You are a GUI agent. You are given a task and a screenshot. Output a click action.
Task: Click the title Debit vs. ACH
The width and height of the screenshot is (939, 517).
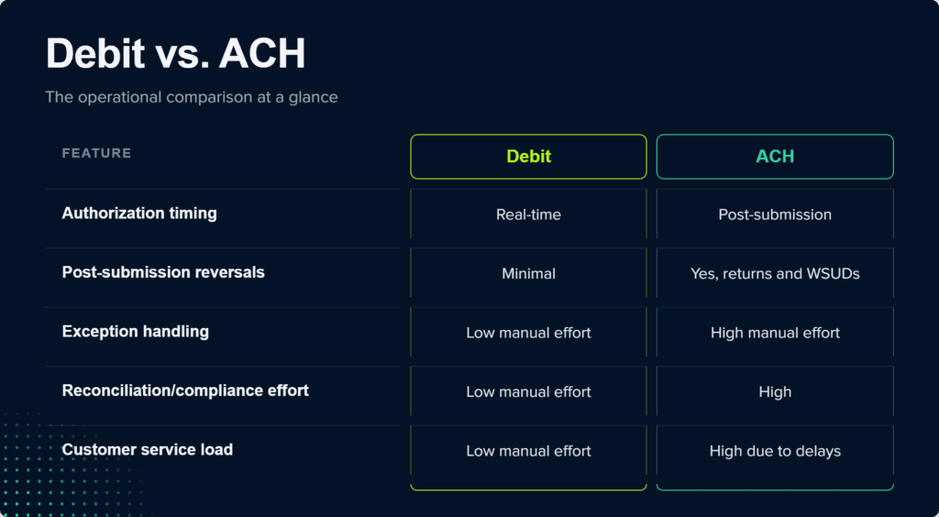pyautogui.click(x=175, y=54)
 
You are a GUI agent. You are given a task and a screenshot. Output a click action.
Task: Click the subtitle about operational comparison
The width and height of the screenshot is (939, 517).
pyautogui.click(x=192, y=97)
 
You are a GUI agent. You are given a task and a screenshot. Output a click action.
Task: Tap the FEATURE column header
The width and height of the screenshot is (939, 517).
pyautogui.click(x=96, y=153)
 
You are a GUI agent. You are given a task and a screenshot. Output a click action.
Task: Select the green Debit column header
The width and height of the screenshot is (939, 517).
pyautogui.click(x=528, y=157)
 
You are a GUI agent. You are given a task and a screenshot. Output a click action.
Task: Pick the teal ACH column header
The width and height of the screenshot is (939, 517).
pyautogui.click(x=775, y=157)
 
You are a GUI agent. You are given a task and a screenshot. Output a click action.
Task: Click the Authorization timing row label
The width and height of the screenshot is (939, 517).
pyautogui.click(x=139, y=214)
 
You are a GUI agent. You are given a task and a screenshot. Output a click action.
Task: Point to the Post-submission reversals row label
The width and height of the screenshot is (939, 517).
pyautogui.click(x=163, y=273)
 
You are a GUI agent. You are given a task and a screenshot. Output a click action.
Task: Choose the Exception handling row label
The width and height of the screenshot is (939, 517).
pyautogui.click(x=136, y=332)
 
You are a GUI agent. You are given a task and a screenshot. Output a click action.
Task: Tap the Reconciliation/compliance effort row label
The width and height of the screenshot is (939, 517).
pyautogui.click(x=185, y=390)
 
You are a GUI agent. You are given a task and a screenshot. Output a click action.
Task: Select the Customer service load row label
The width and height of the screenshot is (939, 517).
pyautogui.click(x=148, y=450)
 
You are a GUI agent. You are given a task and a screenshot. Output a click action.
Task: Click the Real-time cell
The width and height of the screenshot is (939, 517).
pyautogui.click(x=528, y=214)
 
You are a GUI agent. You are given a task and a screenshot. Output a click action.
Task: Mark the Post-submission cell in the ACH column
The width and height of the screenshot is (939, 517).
pyautogui.click(x=775, y=214)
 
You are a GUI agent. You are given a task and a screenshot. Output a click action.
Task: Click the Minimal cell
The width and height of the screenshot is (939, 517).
pyautogui.click(x=528, y=274)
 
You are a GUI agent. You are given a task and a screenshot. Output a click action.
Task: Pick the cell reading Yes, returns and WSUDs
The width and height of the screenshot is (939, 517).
pyautogui.click(x=775, y=274)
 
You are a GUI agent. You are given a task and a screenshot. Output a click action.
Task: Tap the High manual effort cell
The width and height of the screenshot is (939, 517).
pyautogui.click(x=775, y=333)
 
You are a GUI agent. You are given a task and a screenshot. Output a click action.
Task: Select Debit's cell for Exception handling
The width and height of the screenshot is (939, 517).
pyautogui.click(x=528, y=333)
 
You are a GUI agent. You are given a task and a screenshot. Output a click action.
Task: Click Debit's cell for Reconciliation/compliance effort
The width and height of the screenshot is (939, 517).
pyautogui.click(x=528, y=392)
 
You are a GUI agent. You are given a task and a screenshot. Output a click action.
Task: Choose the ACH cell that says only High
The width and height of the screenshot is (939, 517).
pyautogui.click(x=775, y=392)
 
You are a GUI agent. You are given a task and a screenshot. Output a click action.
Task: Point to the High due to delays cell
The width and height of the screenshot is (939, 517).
pyautogui.click(x=775, y=451)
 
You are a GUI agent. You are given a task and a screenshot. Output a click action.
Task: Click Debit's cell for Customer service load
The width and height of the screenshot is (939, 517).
pyautogui.click(x=528, y=451)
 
